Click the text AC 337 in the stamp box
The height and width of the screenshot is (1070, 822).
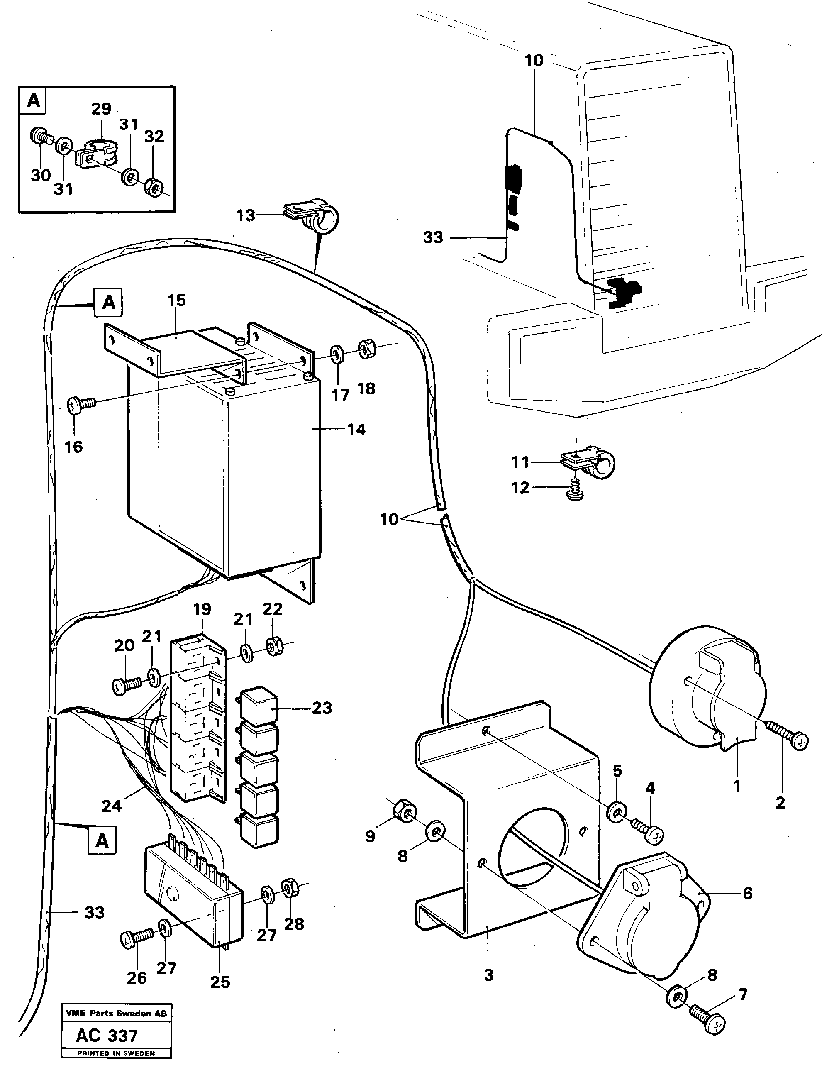click(107, 1035)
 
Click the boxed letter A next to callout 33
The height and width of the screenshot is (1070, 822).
click(102, 840)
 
